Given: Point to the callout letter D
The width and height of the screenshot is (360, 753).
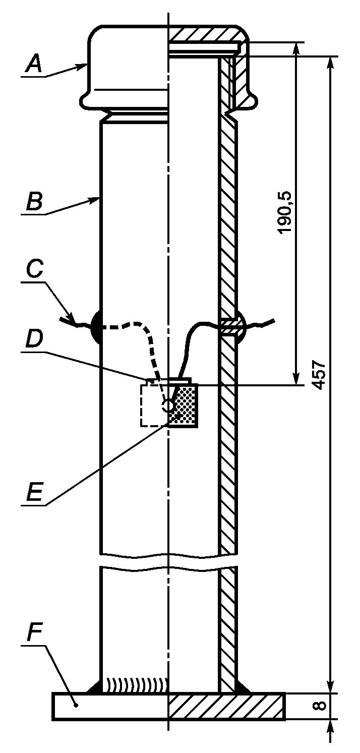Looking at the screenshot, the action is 34,338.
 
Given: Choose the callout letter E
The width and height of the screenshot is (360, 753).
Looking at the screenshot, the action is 34,492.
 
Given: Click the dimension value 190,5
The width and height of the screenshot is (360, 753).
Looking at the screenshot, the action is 285,212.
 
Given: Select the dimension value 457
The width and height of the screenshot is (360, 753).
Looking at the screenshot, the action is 319,375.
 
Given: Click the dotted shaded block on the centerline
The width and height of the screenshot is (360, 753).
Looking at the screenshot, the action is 183,406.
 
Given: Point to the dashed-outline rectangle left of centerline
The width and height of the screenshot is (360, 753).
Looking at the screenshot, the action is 155,406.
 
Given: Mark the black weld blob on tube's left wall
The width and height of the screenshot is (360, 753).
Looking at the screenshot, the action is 96,327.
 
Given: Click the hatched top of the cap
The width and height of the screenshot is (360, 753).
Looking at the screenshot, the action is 205,34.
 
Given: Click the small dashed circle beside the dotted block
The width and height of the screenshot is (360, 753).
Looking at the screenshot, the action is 168,406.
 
